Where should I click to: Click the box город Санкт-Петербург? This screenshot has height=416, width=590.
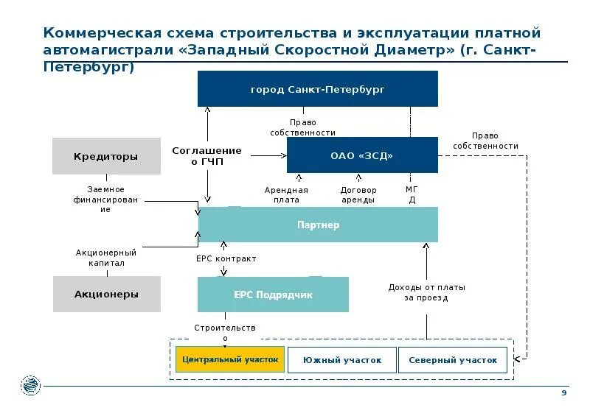[x=317, y=89]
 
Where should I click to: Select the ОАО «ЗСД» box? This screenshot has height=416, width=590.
[x=362, y=155]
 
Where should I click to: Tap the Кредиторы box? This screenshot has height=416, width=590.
[x=106, y=156]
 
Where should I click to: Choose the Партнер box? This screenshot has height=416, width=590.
[x=318, y=225]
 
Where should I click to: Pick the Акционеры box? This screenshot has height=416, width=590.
[x=106, y=294]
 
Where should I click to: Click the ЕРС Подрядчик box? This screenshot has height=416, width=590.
[x=273, y=295]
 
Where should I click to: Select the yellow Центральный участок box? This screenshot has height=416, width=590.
[x=229, y=359]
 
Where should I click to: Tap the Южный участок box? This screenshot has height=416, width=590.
[x=341, y=360]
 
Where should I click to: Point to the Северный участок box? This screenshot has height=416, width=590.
[x=453, y=360]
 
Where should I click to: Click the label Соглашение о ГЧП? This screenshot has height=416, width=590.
[x=206, y=155]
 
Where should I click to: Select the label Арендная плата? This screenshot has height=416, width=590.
[x=286, y=194]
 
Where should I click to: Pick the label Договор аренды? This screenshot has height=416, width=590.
[x=358, y=194]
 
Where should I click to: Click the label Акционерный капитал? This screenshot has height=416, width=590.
[x=106, y=258]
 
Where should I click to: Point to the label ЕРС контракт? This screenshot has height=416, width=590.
[x=226, y=259]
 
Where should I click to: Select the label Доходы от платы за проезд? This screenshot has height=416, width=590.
[x=426, y=292]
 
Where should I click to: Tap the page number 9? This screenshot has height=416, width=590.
[x=564, y=394]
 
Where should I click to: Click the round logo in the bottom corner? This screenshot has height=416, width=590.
[x=31, y=384]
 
